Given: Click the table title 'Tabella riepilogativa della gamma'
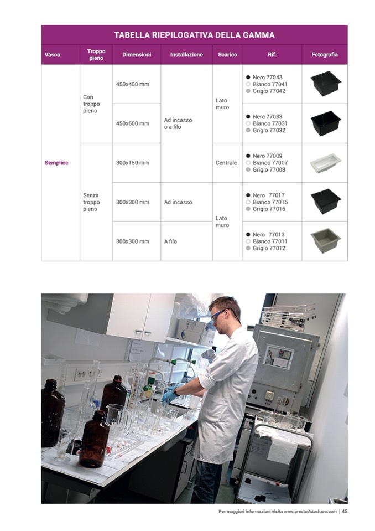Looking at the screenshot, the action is pyautogui.click(x=194, y=35).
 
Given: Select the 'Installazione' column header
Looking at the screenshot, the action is pyautogui.click(x=186, y=54).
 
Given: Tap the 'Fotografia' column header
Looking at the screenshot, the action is pyautogui.click(x=324, y=54).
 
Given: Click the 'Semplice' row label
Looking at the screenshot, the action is pyautogui.click(x=56, y=163).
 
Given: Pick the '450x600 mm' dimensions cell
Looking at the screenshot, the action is pyautogui.click(x=133, y=123).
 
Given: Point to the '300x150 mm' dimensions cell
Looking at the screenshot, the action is pyautogui.click(x=133, y=163).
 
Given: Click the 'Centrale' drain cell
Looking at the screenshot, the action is pyautogui.click(x=226, y=163).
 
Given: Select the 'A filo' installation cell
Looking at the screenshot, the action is pyautogui.click(x=170, y=241).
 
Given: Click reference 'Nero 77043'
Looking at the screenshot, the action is pyautogui.click(x=267, y=77).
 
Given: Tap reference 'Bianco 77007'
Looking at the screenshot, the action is pyautogui.click(x=270, y=163).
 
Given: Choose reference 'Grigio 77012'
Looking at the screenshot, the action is pyautogui.click(x=269, y=248).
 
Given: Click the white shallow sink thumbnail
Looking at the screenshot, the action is pyautogui.click(x=325, y=163).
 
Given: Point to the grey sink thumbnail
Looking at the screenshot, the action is pyautogui.click(x=325, y=240).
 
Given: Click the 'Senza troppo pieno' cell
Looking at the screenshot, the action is pyautogui.click(x=91, y=202).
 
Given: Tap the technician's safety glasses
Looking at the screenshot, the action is pyautogui.click(x=219, y=314).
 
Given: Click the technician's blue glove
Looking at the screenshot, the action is pyautogui.click(x=169, y=394).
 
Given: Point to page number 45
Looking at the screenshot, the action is pyautogui.click(x=345, y=512).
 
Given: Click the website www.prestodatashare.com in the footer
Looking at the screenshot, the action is pyautogui.click(x=310, y=512).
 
